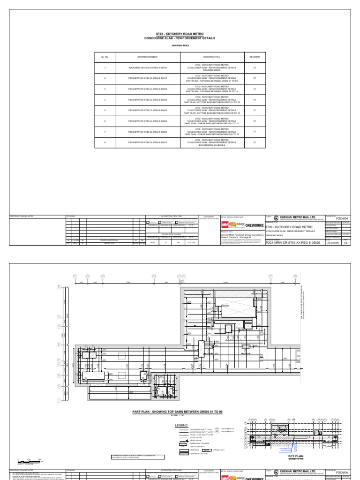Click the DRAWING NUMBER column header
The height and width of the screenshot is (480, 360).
click(147, 56)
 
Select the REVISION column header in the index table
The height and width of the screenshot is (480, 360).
click(255, 56)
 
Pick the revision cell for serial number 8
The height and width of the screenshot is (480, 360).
click(255, 142)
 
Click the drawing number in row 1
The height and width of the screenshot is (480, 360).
click(147, 67)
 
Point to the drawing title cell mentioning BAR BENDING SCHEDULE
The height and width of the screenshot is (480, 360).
click(213, 142)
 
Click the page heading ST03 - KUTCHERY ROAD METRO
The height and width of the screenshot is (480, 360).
click(180, 34)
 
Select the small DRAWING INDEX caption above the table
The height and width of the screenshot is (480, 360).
click(180, 46)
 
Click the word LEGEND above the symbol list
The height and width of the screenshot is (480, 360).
click(182, 426)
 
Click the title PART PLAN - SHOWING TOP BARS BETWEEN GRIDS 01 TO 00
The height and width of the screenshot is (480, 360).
click(180, 411)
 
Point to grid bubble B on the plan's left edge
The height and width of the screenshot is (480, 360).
click(59, 286)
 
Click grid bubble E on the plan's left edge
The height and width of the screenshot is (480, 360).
click(59, 345)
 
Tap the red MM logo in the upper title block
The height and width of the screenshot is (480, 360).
click(224, 225)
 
